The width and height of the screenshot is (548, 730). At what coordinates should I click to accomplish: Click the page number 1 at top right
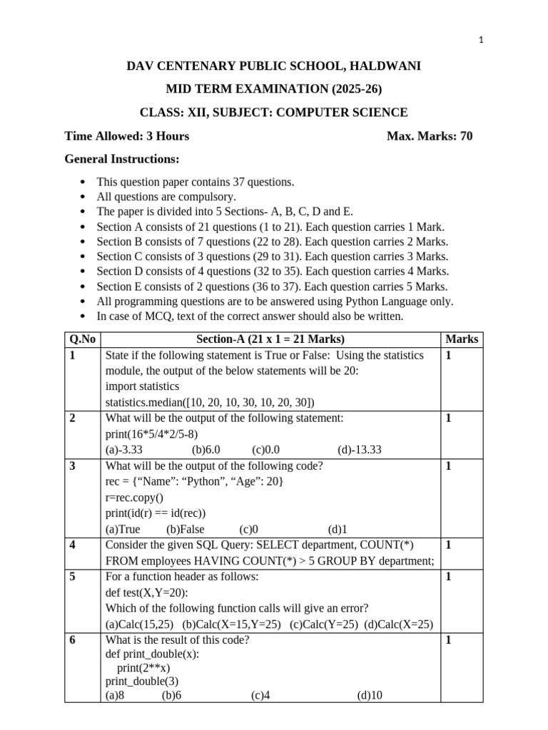482,41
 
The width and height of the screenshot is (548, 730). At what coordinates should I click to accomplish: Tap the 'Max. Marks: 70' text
429,135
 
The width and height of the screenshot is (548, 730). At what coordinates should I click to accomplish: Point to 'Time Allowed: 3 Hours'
127,135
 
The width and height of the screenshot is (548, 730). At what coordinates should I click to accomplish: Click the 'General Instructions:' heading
122,158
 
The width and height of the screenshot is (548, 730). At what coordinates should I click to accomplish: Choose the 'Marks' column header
462,339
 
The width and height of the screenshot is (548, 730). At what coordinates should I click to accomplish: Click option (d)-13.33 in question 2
360,449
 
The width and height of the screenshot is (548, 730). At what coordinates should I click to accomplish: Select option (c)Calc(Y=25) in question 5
324,624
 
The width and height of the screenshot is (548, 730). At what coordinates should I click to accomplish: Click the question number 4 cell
74,545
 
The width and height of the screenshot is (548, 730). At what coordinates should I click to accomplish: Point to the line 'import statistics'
142,386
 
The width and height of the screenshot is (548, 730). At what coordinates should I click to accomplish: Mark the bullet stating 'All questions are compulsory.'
166,196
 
